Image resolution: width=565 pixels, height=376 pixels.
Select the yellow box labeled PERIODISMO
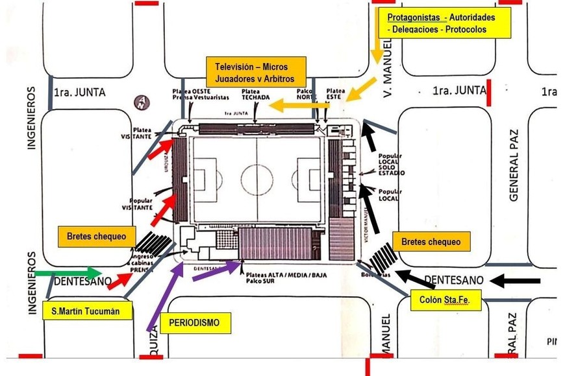pos(194,322)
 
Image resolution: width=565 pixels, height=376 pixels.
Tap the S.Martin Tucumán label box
pos(82,311)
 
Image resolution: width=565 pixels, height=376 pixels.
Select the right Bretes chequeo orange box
pos(431,242)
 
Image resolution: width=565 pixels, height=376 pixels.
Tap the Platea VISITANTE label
pos(142,133)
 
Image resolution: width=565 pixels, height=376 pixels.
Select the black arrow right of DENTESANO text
pos(516,281)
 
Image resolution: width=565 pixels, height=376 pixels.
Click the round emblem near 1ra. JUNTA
pos(141,102)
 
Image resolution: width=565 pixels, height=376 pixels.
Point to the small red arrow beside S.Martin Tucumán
pos(119,281)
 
